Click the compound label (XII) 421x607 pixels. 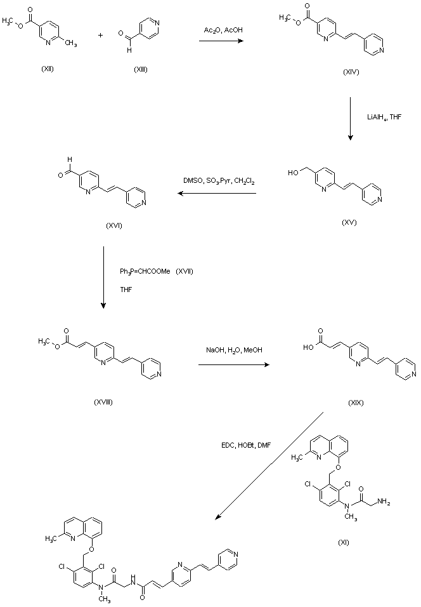[47, 69]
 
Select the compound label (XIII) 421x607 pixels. [141, 69]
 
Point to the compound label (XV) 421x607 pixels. [348, 222]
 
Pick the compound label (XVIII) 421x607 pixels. [102, 401]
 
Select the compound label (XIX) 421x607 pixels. [356, 403]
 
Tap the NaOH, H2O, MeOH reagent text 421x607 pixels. [234, 350]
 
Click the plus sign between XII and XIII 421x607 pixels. [100, 34]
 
